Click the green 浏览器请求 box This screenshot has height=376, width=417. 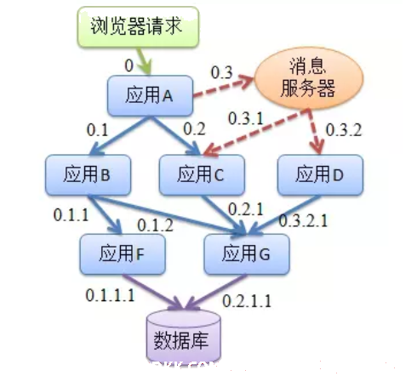[x=138, y=27]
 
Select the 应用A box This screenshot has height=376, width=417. [x=150, y=95]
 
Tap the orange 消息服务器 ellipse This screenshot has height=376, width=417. [x=309, y=78]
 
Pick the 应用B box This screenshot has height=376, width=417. [x=88, y=174]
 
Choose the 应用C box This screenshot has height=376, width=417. [x=202, y=174]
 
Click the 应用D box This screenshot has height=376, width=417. [x=320, y=174]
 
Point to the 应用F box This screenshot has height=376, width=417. [x=123, y=254]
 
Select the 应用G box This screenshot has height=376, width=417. [x=247, y=254]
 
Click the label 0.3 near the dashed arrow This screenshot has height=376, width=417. [x=221, y=72]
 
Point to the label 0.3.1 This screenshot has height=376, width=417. [x=246, y=118]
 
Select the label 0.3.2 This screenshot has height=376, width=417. [x=344, y=130]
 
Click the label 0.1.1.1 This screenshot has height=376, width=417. [x=110, y=295]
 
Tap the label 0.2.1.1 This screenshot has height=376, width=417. [x=247, y=301]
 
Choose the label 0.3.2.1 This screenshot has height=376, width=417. [x=303, y=220]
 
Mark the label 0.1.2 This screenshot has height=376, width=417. [x=155, y=225]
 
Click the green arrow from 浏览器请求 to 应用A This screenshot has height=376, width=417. [x=145, y=61]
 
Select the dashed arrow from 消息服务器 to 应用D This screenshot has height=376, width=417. [x=315, y=132]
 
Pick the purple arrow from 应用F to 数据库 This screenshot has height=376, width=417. [x=153, y=292]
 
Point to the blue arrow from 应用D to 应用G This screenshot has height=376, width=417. [x=284, y=215]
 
